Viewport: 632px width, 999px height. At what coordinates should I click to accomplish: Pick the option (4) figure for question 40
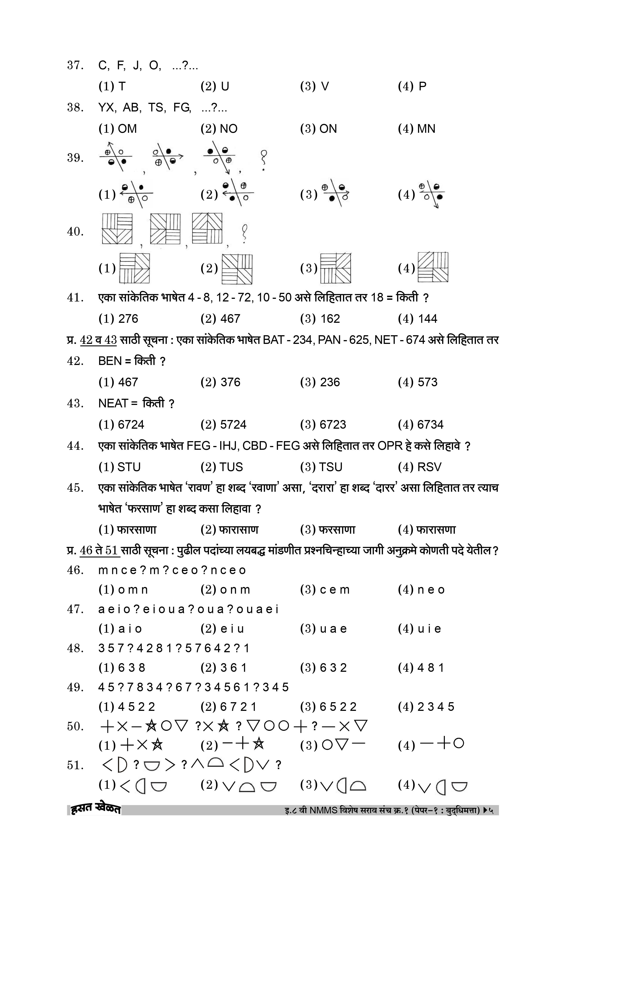click(x=433, y=267)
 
